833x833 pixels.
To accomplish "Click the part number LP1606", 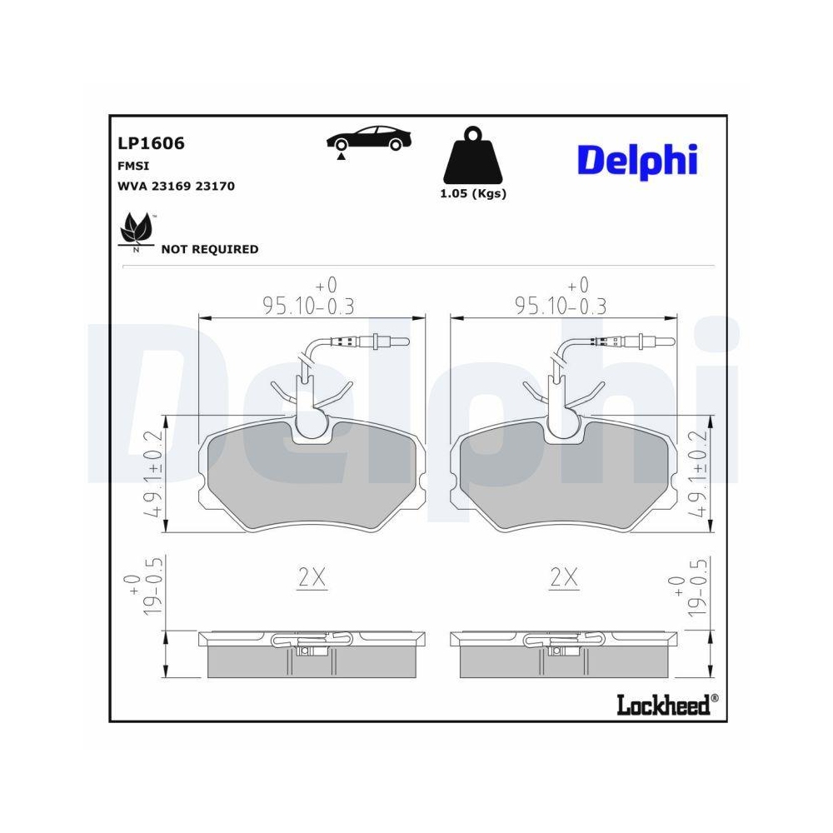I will click(x=152, y=143).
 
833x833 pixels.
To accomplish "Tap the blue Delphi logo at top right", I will click(x=636, y=160).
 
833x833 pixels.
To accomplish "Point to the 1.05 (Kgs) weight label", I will click(x=472, y=193).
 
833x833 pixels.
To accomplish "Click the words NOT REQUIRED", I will click(x=209, y=249).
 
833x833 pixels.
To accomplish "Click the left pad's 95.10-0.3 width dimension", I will click(x=308, y=306).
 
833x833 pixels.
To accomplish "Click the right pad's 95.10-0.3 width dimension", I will click(x=562, y=306).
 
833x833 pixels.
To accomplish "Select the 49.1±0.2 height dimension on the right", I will click(x=698, y=475).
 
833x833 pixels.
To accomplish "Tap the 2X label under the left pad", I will click(x=312, y=577).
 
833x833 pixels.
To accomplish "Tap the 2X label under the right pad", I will click(x=564, y=577).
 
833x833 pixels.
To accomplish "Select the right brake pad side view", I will click(x=564, y=655).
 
